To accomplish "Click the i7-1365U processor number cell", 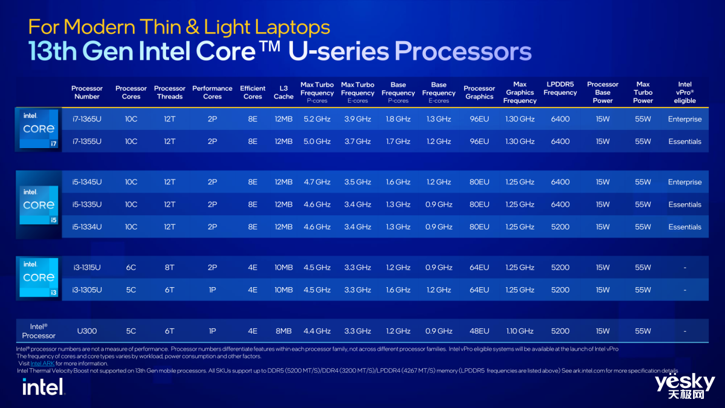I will click(86, 119).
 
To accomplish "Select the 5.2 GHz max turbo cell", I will click(317, 119).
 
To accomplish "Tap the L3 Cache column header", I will click(283, 92).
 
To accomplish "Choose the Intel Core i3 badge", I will click(39, 277).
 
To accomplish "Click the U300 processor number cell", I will click(86, 331).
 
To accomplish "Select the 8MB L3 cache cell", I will click(283, 331).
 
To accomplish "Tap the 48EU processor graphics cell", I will click(479, 331).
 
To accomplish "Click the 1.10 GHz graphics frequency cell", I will click(520, 331).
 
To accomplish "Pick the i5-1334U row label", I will click(86, 227).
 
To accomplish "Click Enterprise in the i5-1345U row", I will click(685, 182).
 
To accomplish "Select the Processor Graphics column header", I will click(479, 92).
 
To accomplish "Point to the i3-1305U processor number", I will click(86, 290).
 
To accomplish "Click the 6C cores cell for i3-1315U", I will click(131, 267).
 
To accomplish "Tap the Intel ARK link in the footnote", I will click(42, 364).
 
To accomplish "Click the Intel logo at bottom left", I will click(43, 386).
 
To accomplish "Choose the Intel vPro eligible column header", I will click(685, 92).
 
